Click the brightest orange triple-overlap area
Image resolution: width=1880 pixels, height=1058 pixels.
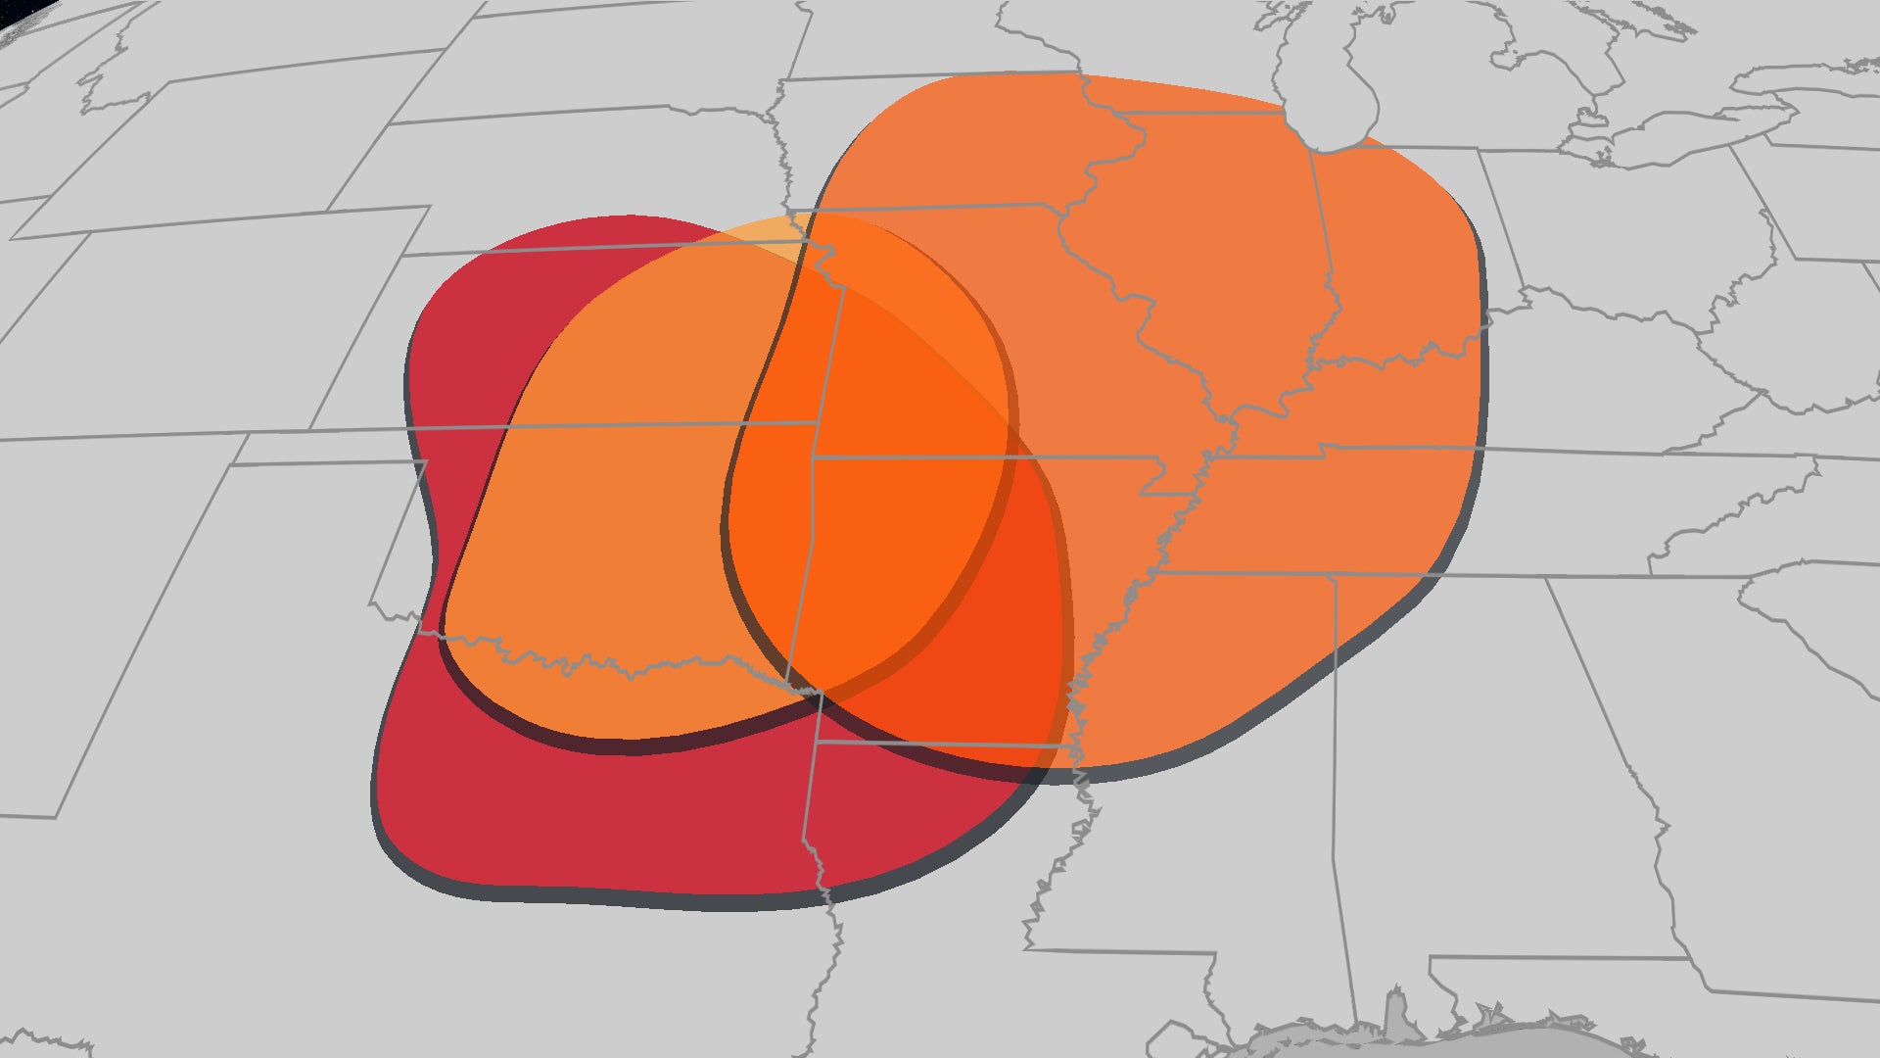click(881, 509)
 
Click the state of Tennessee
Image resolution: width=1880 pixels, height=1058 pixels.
click(1420, 509)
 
